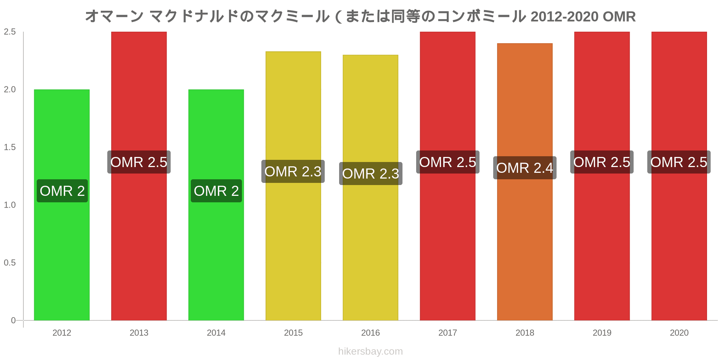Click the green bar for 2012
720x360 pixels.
(62, 252)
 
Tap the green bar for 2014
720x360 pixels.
(216, 252)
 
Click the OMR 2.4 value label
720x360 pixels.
(525, 168)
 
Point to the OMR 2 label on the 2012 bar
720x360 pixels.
(62, 191)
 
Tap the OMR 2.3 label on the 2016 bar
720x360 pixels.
(370, 174)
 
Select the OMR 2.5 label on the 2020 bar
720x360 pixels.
(679, 162)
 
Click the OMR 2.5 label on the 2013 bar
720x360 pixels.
(139, 162)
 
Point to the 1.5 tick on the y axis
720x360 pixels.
(10, 147)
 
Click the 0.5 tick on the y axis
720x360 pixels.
(10, 263)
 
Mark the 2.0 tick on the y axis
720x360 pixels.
(10, 90)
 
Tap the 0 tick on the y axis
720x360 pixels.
(13, 320)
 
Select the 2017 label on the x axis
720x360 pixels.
(447, 333)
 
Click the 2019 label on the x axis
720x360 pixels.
(602, 333)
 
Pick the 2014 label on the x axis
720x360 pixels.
(216, 333)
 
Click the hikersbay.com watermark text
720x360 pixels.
(370, 351)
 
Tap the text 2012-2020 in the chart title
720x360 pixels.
(564, 17)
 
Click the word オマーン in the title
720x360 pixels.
(114, 17)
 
